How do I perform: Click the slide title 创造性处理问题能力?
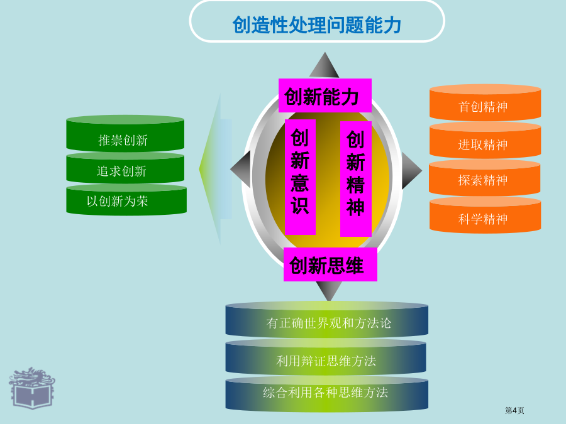pos(316,25)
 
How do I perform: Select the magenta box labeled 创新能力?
pos(325,95)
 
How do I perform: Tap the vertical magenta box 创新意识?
pos(300,177)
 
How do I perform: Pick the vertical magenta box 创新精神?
pos(355,179)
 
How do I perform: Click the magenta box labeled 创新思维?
pos(330,264)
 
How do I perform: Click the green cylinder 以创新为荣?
pos(126,200)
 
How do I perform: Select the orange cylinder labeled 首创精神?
pos(485,102)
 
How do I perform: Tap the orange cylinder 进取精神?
pos(485,141)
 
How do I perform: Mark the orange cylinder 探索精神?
pos(484,178)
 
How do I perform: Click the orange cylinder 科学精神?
pos(485,215)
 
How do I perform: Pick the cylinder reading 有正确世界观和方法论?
pos(326,320)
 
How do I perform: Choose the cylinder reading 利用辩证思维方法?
pos(326,357)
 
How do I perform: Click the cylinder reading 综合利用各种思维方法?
pos(326,394)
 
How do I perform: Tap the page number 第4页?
pos(514,410)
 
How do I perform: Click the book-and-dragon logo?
pos(32,388)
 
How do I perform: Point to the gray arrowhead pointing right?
pos(412,170)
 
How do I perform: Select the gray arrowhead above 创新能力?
pos(324,65)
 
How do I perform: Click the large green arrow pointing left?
pos(216,169)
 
